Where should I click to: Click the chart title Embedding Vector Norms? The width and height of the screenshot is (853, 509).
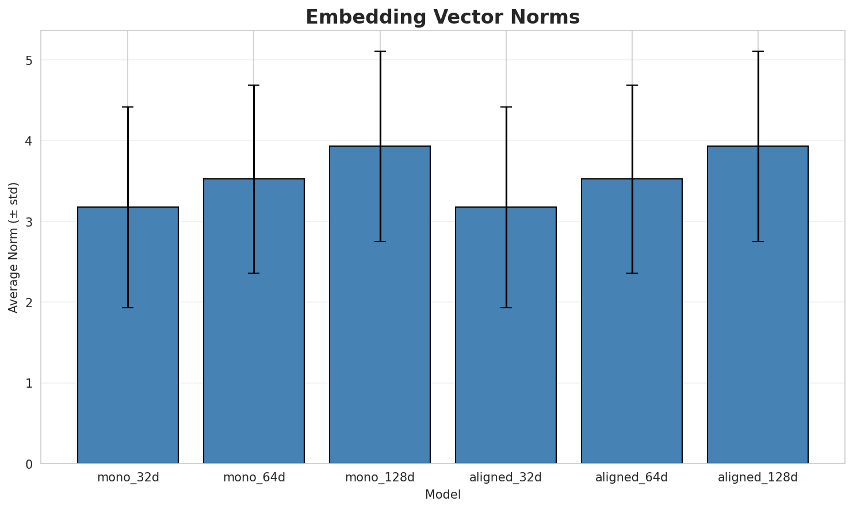pyautogui.click(x=442, y=17)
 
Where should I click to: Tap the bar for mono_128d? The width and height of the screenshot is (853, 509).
pyautogui.click(x=380, y=305)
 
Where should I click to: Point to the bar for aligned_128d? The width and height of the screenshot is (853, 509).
pyautogui.click(x=758, y=305)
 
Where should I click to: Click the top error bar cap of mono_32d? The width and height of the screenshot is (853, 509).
pyautogui.click(x=128, y=107)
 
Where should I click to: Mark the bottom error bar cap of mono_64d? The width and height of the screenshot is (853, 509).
pyautogui.click(x=254, y=273)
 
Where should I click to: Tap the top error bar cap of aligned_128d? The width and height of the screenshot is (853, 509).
pyautogui.click(x=758, y=51)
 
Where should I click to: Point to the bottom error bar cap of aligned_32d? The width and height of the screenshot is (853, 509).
pyautogui.click(x=506, y=308)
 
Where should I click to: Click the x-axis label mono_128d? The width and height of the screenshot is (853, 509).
pyautogui.click(x=380, y=477)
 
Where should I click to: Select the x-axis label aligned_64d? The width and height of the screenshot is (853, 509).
pyautogui.click(x=632, y=477)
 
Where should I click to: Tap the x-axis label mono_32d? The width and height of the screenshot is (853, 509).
pyautogui.click(x=128, y=477)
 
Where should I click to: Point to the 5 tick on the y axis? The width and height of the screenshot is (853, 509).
pyautogui.click(x=28, y=60)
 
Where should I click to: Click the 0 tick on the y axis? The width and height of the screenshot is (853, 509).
pyautogui.click(x=28, y=464)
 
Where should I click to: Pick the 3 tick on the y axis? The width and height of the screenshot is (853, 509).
pyautogui.click(x=28, y=222)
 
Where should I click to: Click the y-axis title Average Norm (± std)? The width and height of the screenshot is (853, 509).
pyautogui.click(x=14, y=247)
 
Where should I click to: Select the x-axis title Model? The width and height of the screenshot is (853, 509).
pyautogui.click(x=442, y=495)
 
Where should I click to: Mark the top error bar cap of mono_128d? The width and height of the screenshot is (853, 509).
pyautogui.click(x=380, y=51)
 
